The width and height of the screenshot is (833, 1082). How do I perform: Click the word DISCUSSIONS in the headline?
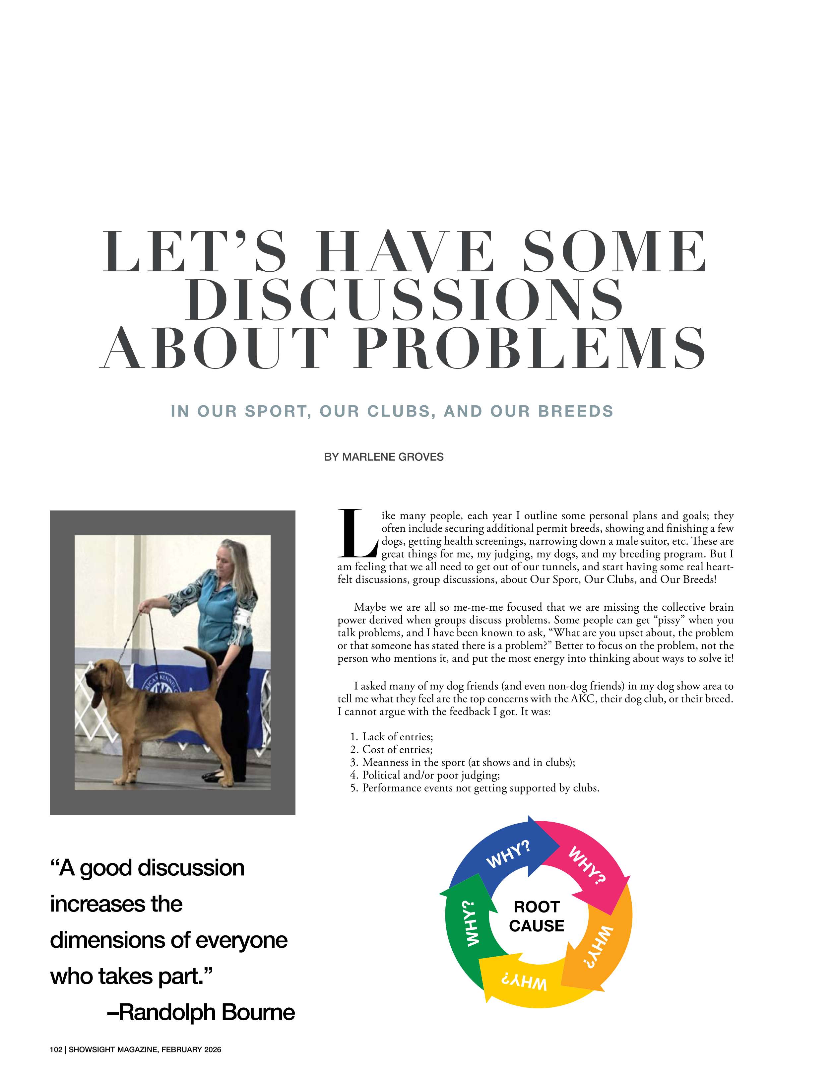tap(404, 300)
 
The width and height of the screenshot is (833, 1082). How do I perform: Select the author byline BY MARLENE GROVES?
tap(384, 457)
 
